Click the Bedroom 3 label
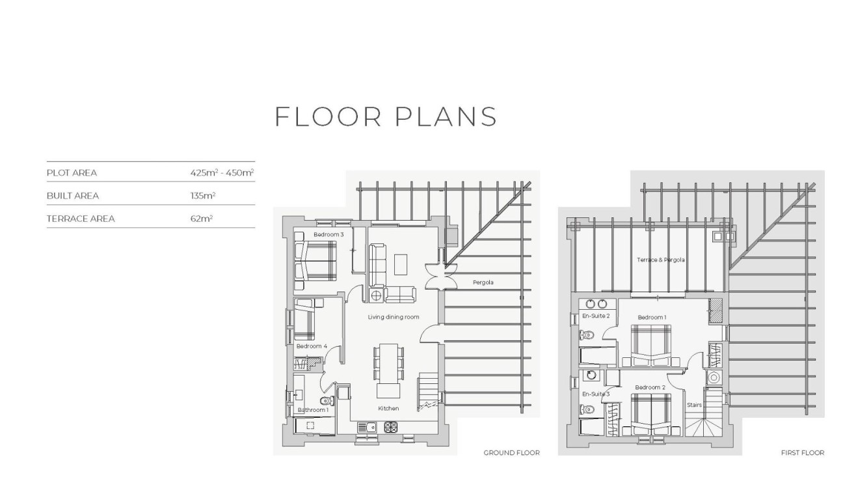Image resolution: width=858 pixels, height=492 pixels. click(328, 234)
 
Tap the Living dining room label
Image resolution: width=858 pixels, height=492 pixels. click(394, 317)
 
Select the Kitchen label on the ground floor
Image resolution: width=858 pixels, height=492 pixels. click(388, 409)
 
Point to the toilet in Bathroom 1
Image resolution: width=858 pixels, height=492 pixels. click(327, 401)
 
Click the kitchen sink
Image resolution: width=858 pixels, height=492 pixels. click(367, 427)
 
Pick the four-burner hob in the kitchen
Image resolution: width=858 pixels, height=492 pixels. click(390, 427)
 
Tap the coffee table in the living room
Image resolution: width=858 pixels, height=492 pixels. click(401, 264)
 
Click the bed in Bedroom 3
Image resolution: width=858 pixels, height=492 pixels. click(315, 260)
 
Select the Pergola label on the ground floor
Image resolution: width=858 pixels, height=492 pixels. click(483, 282)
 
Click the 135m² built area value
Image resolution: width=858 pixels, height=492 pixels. click(202, 196)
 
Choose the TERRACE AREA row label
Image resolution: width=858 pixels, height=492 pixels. click(81, 219)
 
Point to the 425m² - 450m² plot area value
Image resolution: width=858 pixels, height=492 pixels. click(222, 173)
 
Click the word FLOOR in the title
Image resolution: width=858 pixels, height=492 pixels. click(328, 117)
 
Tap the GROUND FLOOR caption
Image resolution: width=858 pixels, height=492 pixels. click(512, 453)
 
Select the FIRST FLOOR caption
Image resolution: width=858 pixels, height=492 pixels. click(803, 453)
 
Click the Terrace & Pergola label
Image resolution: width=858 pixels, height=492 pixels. click(661, 260)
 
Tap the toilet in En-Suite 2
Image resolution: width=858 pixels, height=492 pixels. click(587, 336)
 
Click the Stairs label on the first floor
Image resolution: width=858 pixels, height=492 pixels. click(695, 405)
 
